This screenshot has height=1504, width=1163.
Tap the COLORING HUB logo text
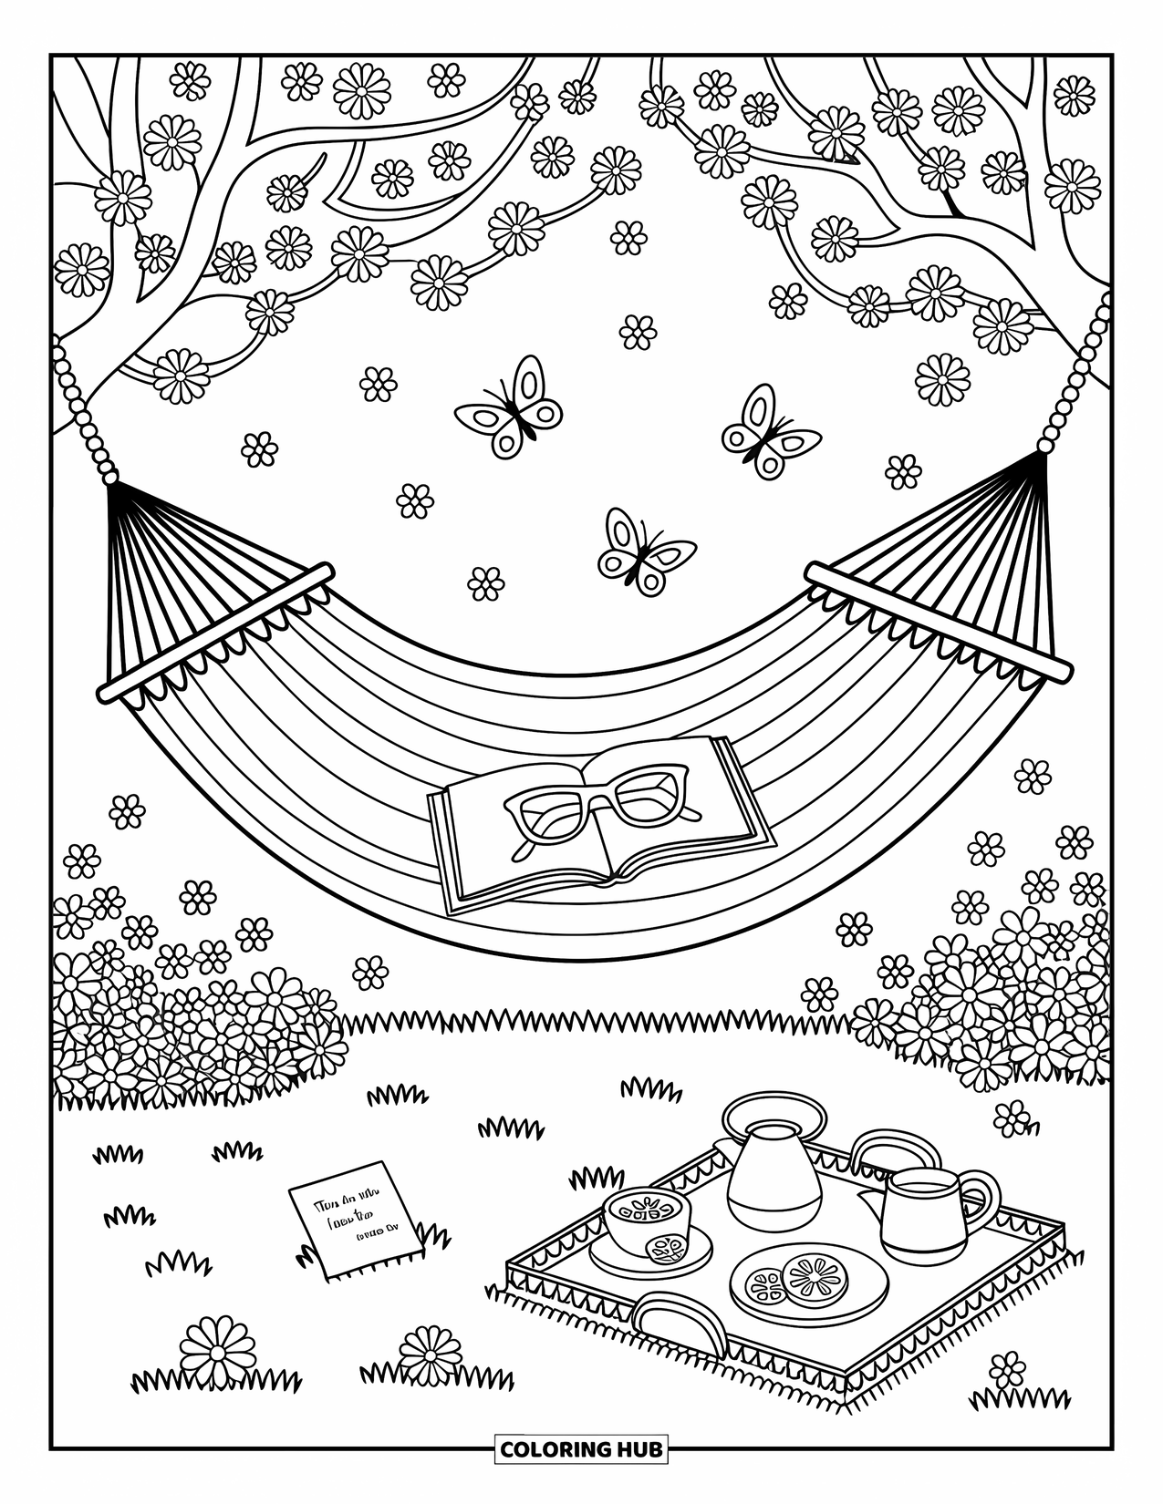click(581, 1448)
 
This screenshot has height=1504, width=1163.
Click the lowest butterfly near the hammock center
click(645, 551)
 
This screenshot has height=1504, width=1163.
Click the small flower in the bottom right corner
click(1007, 1372)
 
